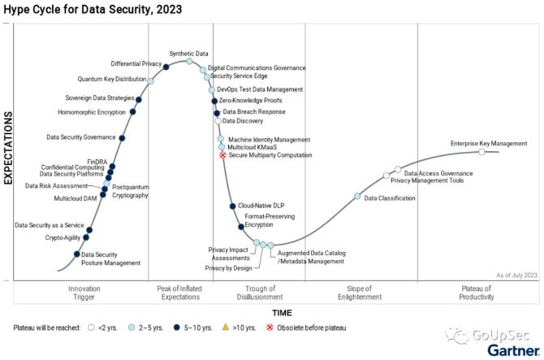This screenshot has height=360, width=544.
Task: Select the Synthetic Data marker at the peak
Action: pyautogui.click(x=190, y=61)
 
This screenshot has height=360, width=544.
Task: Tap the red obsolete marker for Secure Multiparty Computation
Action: pyautogui.click(x=222, y=154)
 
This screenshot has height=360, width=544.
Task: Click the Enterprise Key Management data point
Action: pyautogui.click(x=482, y=152)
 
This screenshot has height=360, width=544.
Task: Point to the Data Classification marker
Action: pyautogui.click(x=357, y=196)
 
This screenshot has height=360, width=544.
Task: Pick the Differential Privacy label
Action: pyautogui.click(x=136, y=63)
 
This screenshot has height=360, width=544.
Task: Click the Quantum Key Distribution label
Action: pyautogui.click(x=112, y=79)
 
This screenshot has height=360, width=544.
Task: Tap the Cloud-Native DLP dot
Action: pyautogui.click(x=232, y=206)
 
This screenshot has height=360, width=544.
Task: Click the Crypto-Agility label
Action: pyautogui.click(x=63, y=237)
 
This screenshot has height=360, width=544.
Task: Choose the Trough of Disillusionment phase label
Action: pyautogui.click(x=260, y=292)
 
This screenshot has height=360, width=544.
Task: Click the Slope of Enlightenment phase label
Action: pyautogui.click(x=360, y=292)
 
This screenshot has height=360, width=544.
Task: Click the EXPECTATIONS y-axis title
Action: pyautogui.click(x=8, y=146)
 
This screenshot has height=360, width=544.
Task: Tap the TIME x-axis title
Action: pyautogui.click(x=283, y=312)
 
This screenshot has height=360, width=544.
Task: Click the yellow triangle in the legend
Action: pyautogui.click(x=225, y=327)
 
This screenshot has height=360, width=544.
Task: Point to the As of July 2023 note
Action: pyautogui.click(x=515, y=275)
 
